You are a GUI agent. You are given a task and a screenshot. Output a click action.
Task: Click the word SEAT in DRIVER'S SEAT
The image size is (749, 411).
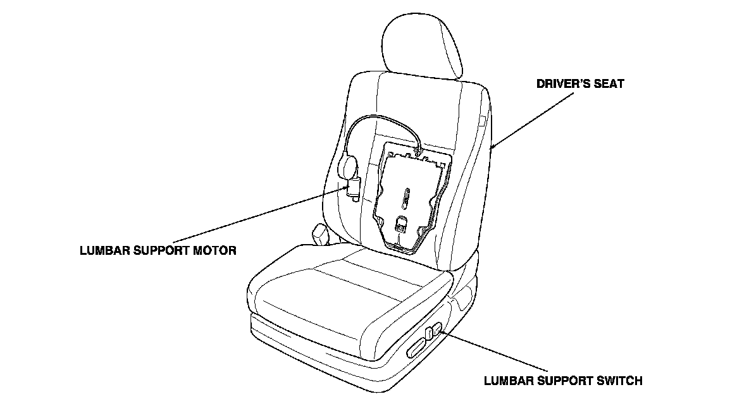[x=607, y=83]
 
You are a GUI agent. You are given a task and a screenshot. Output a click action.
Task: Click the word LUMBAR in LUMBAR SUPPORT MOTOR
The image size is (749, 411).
[x=104, y=250]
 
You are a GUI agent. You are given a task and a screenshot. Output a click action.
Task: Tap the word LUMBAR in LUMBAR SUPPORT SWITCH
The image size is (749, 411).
[x=507, y=381]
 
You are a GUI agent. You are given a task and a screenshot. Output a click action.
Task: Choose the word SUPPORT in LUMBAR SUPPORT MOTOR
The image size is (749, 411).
[x=162, y=250]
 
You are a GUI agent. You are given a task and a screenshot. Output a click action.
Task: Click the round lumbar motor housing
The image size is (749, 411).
[x=349, y=166]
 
